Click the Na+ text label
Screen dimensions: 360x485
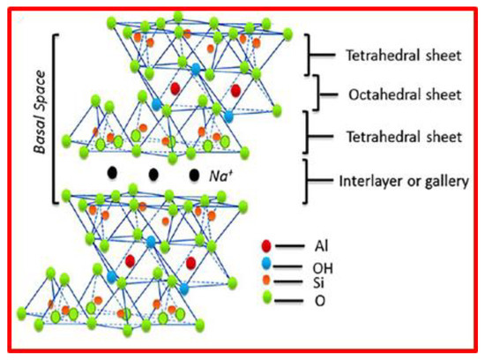(221, 176)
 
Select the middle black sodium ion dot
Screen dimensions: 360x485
(153, 175)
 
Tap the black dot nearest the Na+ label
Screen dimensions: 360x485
(193, 175)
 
